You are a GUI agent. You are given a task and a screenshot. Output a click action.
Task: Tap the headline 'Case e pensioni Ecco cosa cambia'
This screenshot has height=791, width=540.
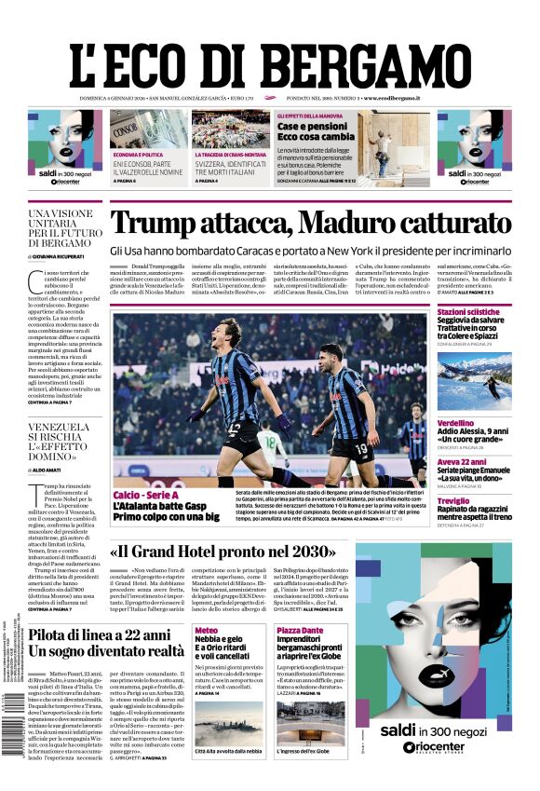pyautogui.click(x=312, y=131)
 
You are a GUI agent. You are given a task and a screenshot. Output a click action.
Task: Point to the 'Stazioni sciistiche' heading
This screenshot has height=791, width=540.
pyautogui.click(x=468, y=312)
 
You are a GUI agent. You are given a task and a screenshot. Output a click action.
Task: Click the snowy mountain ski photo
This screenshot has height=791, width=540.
pyautogui.click(x=474, y=378)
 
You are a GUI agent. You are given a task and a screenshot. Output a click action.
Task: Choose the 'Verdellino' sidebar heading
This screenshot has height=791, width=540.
pyautogui.click(x=457, y=422)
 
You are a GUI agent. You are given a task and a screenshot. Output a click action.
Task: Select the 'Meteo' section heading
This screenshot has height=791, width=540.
pyautogui.click(x=206, y=631)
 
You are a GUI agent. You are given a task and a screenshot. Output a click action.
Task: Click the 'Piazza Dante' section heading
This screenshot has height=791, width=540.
pyautogui.click(x=300, y=631)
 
